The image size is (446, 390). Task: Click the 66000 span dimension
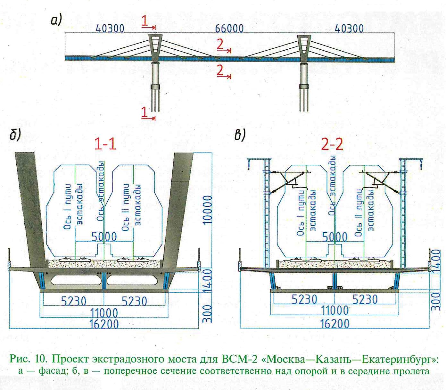229,28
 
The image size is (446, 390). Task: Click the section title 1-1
105,144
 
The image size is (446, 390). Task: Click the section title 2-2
332,145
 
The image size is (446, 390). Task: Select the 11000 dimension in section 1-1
104,313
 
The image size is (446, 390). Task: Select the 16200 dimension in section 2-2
335,324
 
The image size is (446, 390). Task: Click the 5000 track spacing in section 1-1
104,236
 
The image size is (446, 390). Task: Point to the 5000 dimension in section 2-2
335,237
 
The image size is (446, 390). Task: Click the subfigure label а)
56,21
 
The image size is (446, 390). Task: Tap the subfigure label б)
15,135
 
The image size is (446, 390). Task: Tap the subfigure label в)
240,135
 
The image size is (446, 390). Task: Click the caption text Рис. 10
29,359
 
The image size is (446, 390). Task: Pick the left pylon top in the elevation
155,37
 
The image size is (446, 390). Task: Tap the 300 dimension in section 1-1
207,313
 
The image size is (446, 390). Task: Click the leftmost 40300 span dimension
110,29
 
